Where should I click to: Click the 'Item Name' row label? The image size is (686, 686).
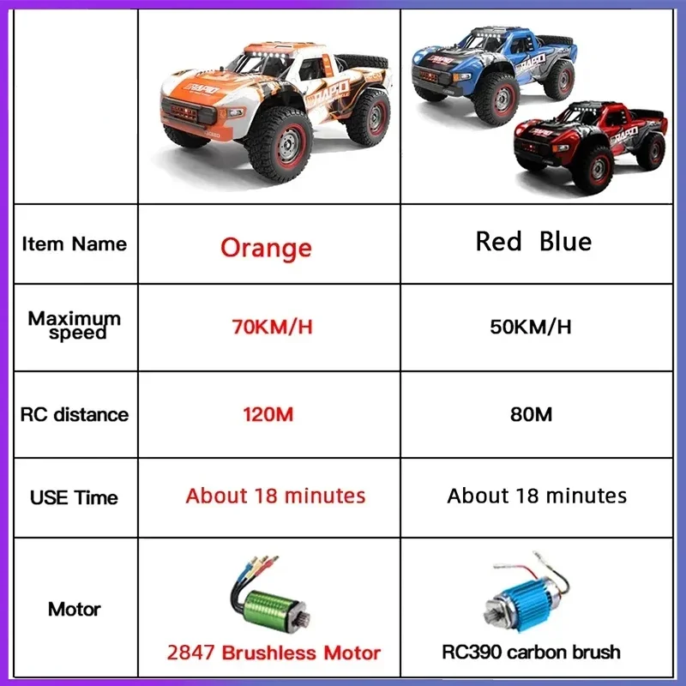pos(75,244)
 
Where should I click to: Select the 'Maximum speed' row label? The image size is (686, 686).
pos(75,325)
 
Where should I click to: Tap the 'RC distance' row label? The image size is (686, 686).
pos(75,414)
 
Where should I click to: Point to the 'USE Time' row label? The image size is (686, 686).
pos(74,497)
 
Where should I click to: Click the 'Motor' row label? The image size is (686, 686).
pos(75,609)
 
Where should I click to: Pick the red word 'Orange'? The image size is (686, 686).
pos(266,249)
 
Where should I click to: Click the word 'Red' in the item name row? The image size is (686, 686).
pos(498,242)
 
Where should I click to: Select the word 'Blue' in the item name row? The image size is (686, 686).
pos(565,242)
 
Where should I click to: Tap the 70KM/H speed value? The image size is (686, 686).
pos(272,327)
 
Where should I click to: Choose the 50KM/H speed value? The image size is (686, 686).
pos(531,327)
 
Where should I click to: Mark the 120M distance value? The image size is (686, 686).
pos(268,414)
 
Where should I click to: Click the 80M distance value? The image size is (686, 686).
pos(531,414)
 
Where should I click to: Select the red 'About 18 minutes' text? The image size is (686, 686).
pos(275,496)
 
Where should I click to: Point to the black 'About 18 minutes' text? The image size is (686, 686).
pos(537,496)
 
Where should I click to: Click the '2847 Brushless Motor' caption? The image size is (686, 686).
pos(274,653)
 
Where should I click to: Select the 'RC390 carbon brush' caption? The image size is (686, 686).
pos(531,652)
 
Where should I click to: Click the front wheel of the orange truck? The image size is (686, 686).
pos(281,145)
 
